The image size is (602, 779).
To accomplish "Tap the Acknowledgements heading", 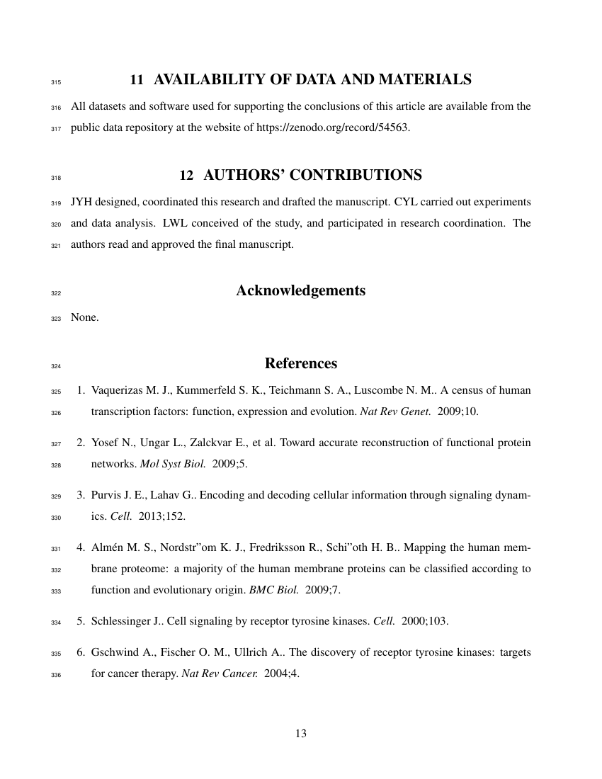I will [300, 290].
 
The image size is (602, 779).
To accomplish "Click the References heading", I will [300, 363].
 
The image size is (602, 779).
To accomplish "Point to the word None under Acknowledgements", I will [84, 317].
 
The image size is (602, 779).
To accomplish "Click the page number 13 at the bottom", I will [300, 733].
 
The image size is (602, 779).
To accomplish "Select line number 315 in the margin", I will [57, 82].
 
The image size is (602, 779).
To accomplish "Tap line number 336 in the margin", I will [57, 676].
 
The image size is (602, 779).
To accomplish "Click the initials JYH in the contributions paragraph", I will [81, 201].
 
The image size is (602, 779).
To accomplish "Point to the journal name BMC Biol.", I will [268, 590].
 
